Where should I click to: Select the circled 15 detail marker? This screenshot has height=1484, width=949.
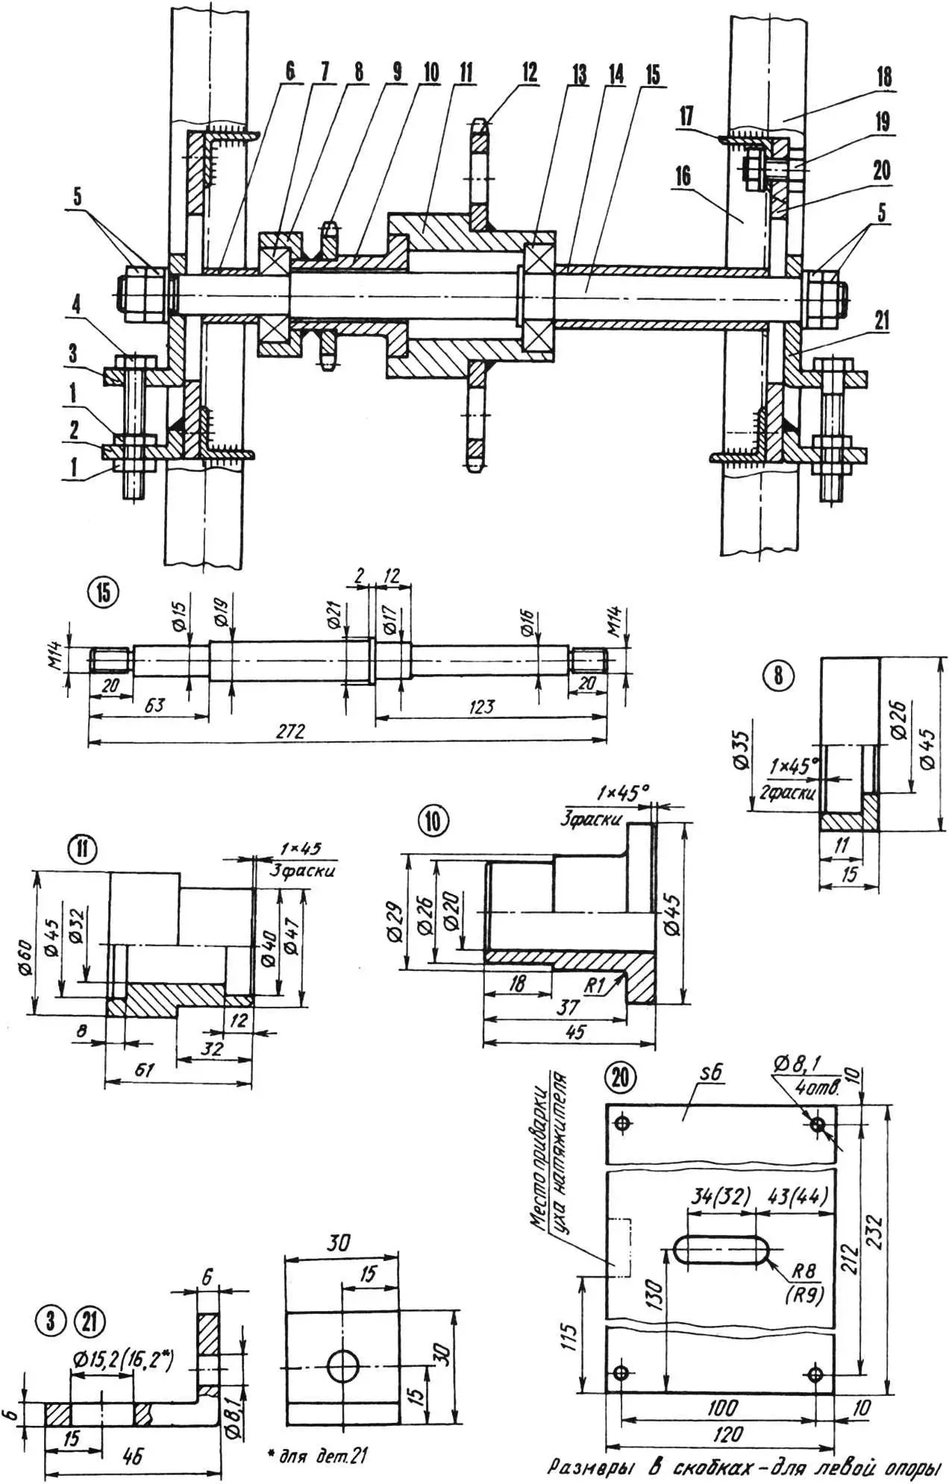(103, 592)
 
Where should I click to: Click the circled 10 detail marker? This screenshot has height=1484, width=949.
(435, 821)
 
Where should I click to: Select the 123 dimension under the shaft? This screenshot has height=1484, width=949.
(482, 706)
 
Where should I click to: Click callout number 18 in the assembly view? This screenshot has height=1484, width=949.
(884, 77)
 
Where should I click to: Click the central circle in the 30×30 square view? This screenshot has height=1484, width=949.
(343, 1365)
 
